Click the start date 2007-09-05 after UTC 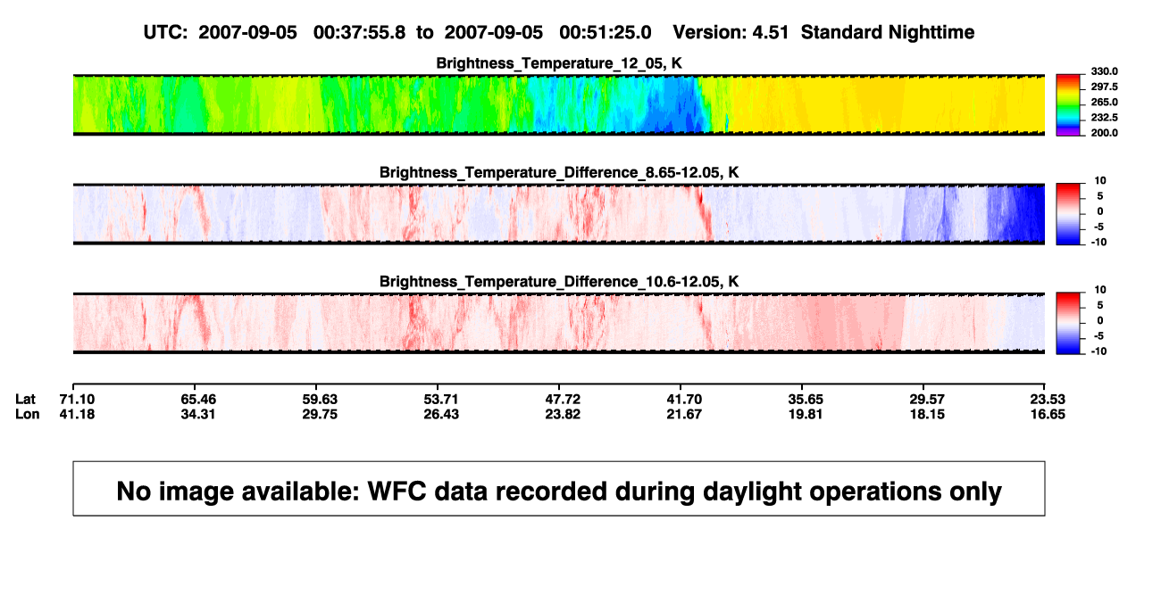pos(247,32)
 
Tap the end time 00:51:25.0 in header pos(605,32)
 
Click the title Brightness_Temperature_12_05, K pos(559,63)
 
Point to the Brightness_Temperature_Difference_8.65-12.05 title pos(559,172)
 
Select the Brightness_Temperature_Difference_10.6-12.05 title pos(559,282)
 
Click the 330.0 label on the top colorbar pos(1104,71)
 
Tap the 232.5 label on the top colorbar pos(1104,118)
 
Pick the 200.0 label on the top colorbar pos(1104,133)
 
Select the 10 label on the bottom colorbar pos(1100,290)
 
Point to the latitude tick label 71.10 pos(77,400)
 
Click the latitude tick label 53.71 pos(441,400)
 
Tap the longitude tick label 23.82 pos(563,414)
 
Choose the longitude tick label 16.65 pos(1048,414)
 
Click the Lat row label pos(25,400)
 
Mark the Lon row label pos(27,414)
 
